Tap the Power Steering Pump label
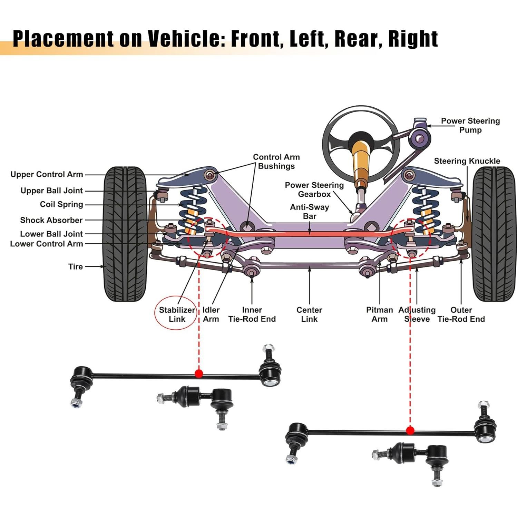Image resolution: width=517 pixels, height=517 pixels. click(x=470, y=125)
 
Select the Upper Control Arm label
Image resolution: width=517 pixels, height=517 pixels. click(x=47, y=174)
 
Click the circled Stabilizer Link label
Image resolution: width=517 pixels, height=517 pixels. click(x=177, y=314)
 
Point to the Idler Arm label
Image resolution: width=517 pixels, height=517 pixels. click(x=211, y=314)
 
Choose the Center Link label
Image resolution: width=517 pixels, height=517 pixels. click(x=309, y=314)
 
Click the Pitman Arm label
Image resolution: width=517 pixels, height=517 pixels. click(x=379, y=314)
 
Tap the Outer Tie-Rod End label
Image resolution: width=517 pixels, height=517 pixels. click(x=461, y=314)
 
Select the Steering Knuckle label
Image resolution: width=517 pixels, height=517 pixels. click(x=467, y=161)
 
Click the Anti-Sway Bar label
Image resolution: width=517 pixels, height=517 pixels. click(x=310, y=212)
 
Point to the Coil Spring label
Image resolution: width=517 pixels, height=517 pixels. click(x=61, y=204)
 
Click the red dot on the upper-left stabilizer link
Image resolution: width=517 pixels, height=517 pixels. click(x=199, y=373)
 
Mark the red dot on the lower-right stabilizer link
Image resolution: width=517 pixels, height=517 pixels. click(x=410, y=430)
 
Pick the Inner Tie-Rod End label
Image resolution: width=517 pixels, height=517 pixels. click(x=252, y=314)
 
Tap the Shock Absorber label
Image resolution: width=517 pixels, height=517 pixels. click(x=51, y=220)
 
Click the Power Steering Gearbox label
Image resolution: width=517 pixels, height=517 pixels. click(x=314, y=189)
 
